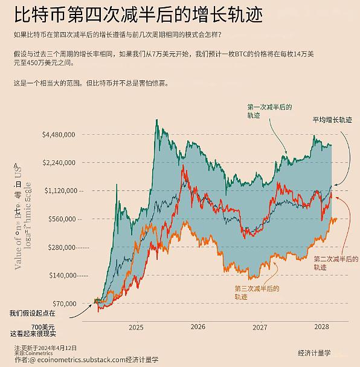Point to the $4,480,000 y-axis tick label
pos(59,135)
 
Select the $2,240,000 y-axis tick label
pos(59,163)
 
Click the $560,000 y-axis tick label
pos(62,219)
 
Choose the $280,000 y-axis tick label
pos(62,247)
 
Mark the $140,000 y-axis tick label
pos(62,275)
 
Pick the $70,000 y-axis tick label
pos(63,304)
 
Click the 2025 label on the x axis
pos(136,327)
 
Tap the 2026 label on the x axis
pos(198,327)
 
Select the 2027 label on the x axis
pos(260,327)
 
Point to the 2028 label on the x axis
pos(322,327)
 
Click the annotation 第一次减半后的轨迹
pos(269,111)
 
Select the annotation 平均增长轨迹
pos(332,120)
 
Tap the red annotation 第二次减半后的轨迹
pos(335,262)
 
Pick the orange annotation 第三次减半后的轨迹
pos(257,293)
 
